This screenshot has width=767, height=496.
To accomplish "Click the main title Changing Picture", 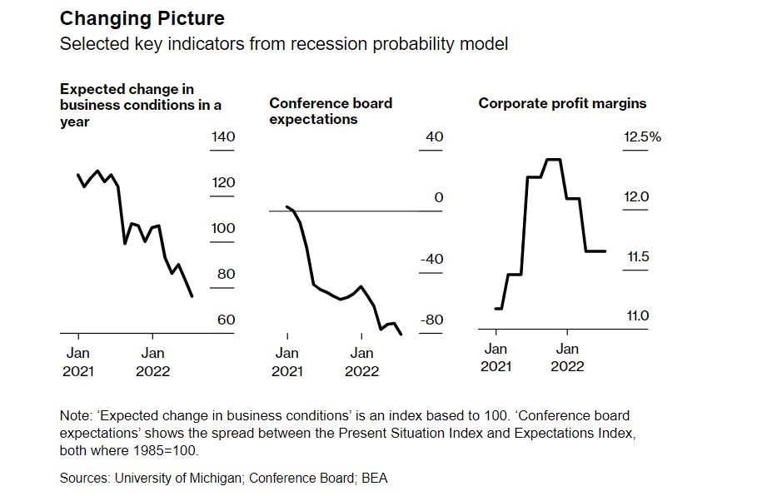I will point(142,17).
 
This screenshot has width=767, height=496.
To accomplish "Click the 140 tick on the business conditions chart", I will point(222,137).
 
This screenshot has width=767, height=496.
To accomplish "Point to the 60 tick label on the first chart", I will point(226,320).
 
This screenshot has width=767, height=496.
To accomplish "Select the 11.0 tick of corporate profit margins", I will point(637,316).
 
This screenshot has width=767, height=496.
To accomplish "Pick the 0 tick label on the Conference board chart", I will point(439,198).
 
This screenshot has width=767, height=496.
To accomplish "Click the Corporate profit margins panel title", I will point(562,103).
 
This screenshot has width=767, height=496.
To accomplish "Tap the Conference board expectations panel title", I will point(331,111).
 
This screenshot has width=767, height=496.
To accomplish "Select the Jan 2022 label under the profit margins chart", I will point(568,358).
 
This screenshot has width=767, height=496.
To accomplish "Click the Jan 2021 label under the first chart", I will point(79,362).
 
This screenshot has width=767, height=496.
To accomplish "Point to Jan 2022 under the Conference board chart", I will point(361,362).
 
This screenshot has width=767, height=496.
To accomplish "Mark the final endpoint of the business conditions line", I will point(193,296).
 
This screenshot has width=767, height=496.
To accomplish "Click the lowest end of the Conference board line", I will point(402,335).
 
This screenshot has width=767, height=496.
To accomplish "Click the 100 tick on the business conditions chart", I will point(222,229).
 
